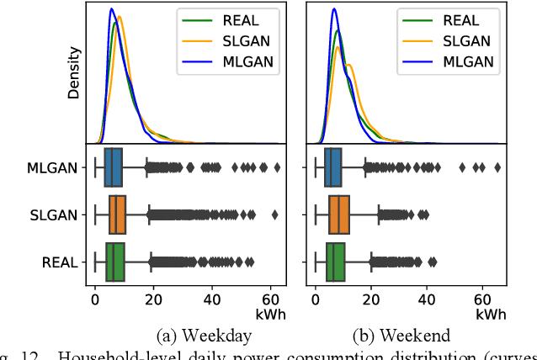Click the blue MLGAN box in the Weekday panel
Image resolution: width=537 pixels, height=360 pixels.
click(113, 168)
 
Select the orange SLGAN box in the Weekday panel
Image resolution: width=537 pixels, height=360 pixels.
click(117, 215)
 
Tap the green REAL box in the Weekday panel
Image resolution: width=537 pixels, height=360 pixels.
click(115, 262)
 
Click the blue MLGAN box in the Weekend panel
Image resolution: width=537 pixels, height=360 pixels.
click(333, 168)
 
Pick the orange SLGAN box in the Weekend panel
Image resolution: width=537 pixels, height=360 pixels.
click(339, 215)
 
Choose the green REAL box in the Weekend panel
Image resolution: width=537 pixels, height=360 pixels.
click(336, 262)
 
